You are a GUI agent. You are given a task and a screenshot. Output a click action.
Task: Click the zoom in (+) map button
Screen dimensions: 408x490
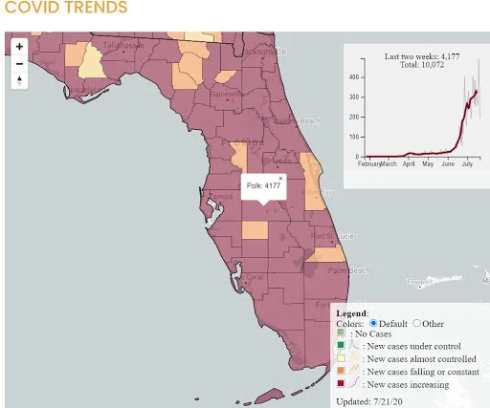pyautogui.click(x=19, y=46)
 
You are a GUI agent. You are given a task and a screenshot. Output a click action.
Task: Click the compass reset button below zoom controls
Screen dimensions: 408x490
pyautogui.click(x=19, y=81)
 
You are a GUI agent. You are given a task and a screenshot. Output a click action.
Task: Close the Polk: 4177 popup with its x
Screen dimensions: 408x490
pyautogui.click(x=280, y=178)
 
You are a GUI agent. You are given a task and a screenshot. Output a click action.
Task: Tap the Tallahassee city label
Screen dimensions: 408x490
pyautogui.click(x=123, y=45)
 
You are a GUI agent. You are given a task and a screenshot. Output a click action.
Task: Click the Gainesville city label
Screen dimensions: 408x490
pyautogui.click(x=227, y=95)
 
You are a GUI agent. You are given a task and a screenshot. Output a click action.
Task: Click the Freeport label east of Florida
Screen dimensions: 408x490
pyautogui.click(x=417, y=282)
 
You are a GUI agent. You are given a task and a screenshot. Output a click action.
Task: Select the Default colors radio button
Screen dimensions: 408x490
pyautogui.click(x=373, y=323)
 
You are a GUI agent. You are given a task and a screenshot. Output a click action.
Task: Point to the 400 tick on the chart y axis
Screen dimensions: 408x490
pyautogui.click(x=354, y=76)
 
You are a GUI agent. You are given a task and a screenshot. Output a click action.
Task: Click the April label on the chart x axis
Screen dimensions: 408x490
pyautogui.click(x=410, y=164)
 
